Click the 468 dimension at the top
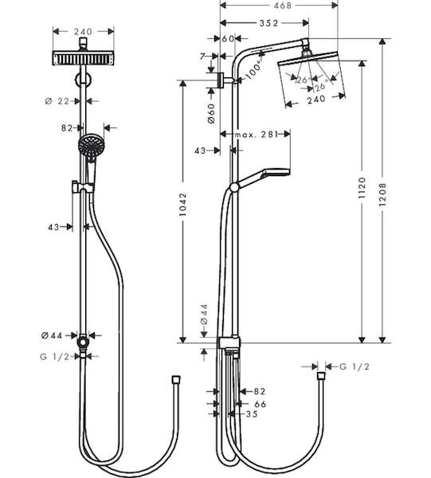point(283,6)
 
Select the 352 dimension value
point(268,23)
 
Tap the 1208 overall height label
point(382,194)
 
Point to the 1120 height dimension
point(362,188)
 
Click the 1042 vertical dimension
point(183,205)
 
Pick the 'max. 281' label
point(256,134)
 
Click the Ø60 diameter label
point(211,114)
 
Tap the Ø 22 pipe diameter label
point(57,101)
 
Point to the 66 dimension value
point(260,404)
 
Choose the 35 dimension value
point(252,414)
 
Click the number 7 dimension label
point(202,57)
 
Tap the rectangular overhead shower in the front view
point(83,58)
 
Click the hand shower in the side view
point(263,178)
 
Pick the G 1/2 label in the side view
point(355,366)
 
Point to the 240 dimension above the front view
point(83,32)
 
